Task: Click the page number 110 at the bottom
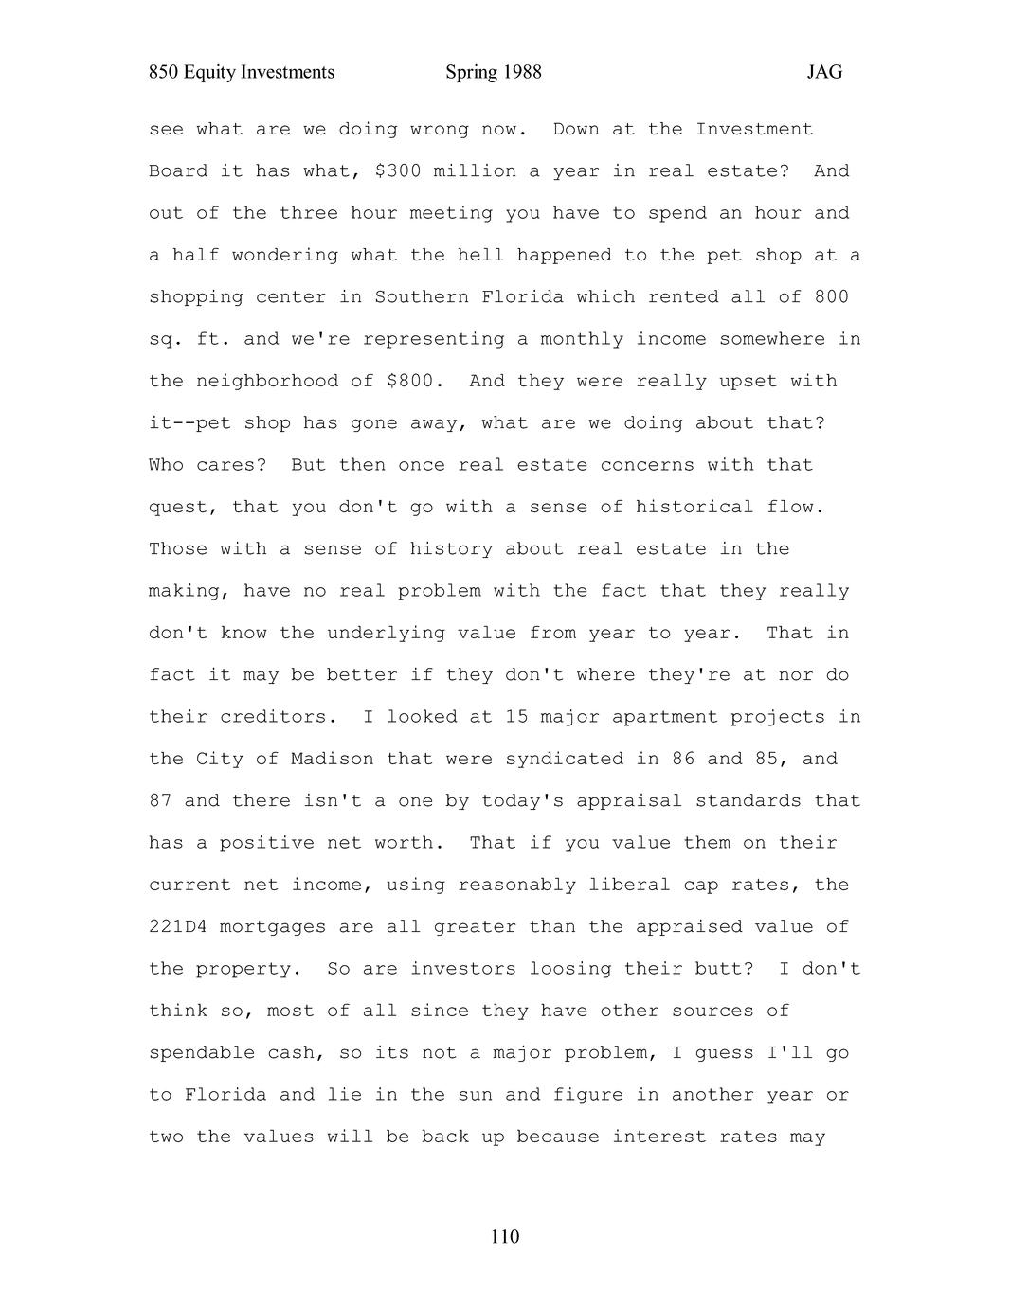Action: [x=505, y=1237]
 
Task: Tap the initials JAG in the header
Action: [x=824, y=73]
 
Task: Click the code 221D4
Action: [x=178, y=927]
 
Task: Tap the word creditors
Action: [x=279, y=717]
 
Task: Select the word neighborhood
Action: [x=267, y=382]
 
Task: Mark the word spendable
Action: [x=202, y=1053]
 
